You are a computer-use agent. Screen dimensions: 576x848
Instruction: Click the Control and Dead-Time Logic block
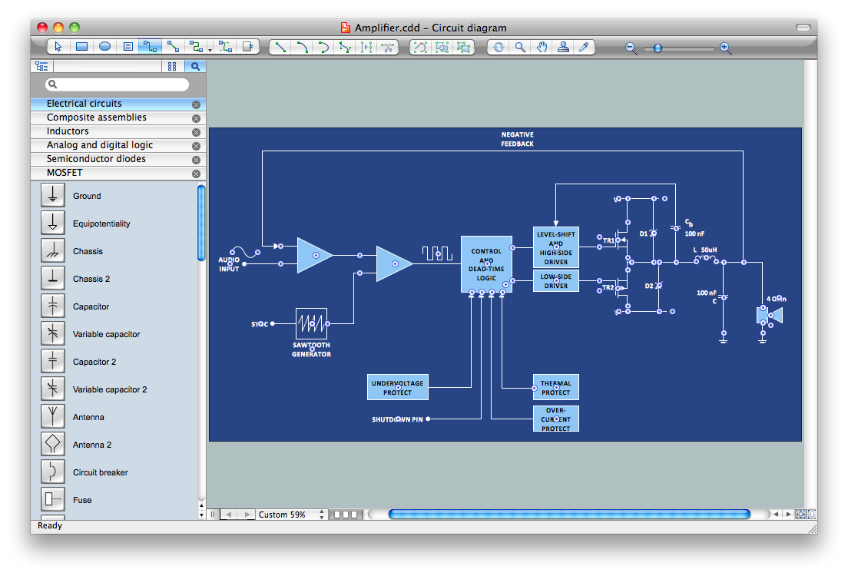486,264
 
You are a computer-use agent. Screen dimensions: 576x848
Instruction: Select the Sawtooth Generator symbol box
311,323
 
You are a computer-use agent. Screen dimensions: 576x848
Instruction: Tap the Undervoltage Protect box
397,388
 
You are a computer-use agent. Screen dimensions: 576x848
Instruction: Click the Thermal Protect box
555,388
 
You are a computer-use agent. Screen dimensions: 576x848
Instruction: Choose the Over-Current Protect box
555,419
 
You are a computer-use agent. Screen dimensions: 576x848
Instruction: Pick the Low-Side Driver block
555,280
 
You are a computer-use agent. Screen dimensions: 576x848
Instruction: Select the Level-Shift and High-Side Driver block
555,247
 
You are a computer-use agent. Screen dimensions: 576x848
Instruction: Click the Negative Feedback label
517,139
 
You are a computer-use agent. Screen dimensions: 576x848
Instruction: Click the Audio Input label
229,264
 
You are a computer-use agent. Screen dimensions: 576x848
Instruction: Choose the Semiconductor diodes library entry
96,159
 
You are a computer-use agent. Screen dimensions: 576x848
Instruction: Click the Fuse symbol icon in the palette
52,500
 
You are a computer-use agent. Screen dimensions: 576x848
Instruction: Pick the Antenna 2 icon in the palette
52,445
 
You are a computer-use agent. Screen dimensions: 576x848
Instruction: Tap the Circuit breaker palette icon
52,472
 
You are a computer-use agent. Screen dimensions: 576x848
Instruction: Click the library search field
117,84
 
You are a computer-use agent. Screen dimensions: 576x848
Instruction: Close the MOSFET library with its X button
196,174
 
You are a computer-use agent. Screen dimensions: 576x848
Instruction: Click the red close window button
43,28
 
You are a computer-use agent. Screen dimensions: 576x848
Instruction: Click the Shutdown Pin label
397,419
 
